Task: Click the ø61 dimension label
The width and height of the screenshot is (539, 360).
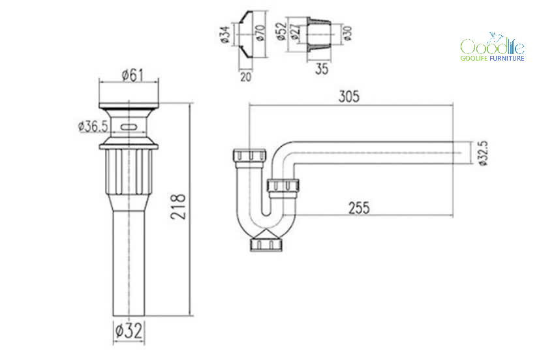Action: pyautogui.click(x=133, y=75)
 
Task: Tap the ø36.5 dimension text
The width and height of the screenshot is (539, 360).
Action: pyautogui.click(x=93, y=127)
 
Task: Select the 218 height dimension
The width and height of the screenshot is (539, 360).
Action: pyautogui.click(x=178, y=207)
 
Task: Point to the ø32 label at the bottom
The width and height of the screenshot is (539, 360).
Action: pyautogui.click(x=129, y=331)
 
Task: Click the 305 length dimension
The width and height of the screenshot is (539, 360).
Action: pyautogui.click(x=349, y=96)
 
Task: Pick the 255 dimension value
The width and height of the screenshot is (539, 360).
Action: pyautogui.click(x=359, y=208)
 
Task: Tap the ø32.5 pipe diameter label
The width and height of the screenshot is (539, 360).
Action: pyautogui.click(x=483, y=153)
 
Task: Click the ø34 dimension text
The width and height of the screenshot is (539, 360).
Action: pyautogui.click(x=224, y=35)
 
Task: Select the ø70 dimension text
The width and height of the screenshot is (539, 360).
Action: pyautogui.click(x=261, y=33)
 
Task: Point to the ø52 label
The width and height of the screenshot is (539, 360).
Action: pyautogui.click(x=281, y=31)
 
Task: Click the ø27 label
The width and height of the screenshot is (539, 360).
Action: pyautogui.click(x=296, y=32)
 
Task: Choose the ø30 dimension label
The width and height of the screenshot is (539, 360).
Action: pyautogui.click(x=348, y=33)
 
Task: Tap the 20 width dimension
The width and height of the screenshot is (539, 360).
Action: pyautogui.click(x=245, y=76)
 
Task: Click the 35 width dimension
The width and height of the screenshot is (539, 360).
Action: pyautogui.click(x=322, y=68)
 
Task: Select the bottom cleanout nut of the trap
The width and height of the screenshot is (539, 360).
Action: pyautogui.click(x=266, y=244)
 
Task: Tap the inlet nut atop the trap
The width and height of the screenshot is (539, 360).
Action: pyautogui.click(x=249, y=155)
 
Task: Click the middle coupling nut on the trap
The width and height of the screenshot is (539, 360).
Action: pyautogui.click(x=283, y=185)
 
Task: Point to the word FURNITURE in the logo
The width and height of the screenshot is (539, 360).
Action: pyautogui.click(x=506, y=59)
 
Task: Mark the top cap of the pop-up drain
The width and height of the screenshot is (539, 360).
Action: pyautogui.click(x=129, y=106)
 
